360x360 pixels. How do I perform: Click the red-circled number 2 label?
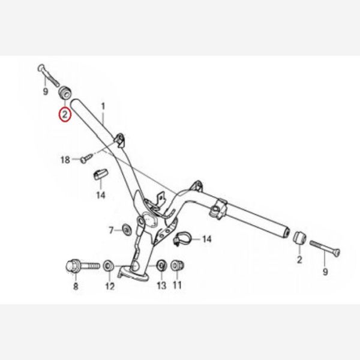pyautogui.click(x=65, y=115)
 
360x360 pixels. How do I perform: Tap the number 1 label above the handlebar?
pyautogui.click(x=103, y=106)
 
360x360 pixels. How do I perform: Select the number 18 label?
pyautogui.click(x=65, y=160)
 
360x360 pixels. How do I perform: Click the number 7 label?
pyautogui.click(x=112, y=230)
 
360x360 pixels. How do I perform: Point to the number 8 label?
pyautogui.click(x=76, y=286)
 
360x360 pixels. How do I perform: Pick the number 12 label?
pyautogui.click(x=110, y=286)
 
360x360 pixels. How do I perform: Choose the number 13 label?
pyautogui.click(x=161, y=286)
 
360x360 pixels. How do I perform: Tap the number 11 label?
pyautogui.click(x=177, y=285)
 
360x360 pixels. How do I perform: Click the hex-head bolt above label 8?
pyautogui.click(x=83, y=266)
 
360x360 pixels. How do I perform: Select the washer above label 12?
pyautogui.click(x=109, y=266)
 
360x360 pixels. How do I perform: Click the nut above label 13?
pyautogui.click(x=161, y=266)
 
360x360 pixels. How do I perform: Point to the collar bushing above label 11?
pyautogui.click(x=178, y=266)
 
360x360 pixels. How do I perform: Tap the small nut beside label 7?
pyautogui.click(x=127, y=229)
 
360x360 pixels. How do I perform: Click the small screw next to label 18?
pyautogui.click(x=87, y=158)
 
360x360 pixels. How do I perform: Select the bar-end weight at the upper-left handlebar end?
pyautogui.click(x=65, y=92)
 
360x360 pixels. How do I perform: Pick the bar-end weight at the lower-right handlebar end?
pyautogui.click(x=299, y=238)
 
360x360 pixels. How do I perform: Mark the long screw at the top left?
pyautogui.click(x=49, y=75)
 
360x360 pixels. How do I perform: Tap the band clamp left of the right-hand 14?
pyautogui.click(x=181, y=239)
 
